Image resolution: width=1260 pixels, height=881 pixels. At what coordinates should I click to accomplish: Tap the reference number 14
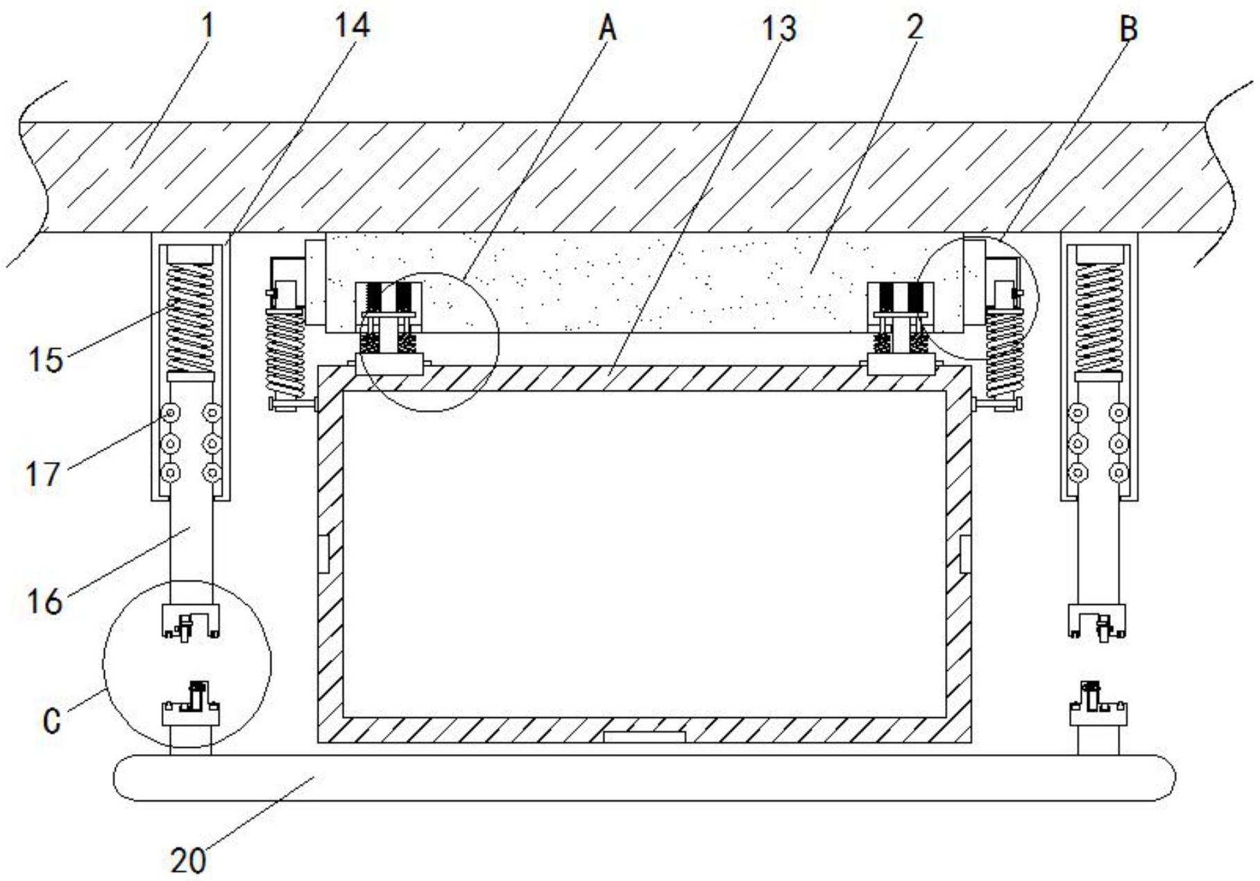pyautogui.click(x=352, y=26)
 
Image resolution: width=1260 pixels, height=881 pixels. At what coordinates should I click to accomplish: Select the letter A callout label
pyautogui.click(x=608, y=29)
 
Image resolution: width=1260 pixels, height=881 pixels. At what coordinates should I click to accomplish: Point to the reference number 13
pyautogui.click(x=778, y=29)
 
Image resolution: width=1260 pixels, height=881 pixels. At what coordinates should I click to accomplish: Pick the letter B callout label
pyautogui.click(x=1129, y=29)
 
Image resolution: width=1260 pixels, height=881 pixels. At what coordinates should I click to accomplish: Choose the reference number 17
pyautogui.click(x=43, y=475)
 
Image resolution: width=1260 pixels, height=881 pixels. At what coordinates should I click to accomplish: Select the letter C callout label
pyautogui.click(x=51, y=721)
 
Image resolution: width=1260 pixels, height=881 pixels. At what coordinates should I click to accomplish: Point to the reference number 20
pyautogui.click(x=188, y=861)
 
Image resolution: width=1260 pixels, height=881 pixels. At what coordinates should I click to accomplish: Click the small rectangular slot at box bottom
pyautogui.click(x=644, y=736)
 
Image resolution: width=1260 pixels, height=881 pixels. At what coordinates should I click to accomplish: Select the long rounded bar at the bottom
pyautogui.click(x=644, y=778)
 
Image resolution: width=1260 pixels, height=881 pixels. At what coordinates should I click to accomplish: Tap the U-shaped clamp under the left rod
pyautogui.click(x=191, y=619)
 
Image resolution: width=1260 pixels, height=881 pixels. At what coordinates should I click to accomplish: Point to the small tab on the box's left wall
pyautogui.click(x=324, y=553)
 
